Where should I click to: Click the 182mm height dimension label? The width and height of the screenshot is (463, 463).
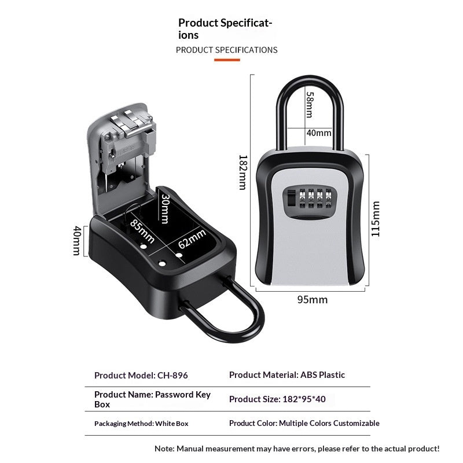tap(242, 172)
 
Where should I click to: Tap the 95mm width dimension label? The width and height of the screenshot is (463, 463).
tap(313, 300)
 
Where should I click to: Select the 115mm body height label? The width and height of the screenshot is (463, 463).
tap(375, 219)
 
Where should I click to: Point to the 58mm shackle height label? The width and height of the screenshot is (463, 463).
tap(310, 105)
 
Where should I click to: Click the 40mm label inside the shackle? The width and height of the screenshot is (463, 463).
tap(319, 133)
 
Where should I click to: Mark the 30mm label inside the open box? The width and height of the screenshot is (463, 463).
tap(165, 209)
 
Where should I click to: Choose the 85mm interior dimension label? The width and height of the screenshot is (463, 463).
tap(142, 231)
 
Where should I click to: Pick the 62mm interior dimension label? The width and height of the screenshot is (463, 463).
tap(192, 238)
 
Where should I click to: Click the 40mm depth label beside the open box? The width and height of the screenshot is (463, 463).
tap(77, 241)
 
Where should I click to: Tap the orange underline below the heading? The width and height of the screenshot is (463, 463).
tap(227, 60)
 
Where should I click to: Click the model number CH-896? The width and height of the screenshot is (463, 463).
tap(172, 375)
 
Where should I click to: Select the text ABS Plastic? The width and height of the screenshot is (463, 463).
tap(322, 374)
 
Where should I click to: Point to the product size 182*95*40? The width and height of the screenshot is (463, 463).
tap(304, 399)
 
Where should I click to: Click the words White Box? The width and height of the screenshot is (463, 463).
tap(171, 424)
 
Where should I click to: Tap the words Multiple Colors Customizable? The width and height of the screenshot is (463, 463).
tap(329, 423)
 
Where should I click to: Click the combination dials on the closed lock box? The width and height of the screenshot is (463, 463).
tap(315, 198)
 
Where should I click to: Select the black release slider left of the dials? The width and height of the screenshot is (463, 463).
tap(291, 198)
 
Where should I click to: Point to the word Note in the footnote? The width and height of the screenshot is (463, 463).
tap(164, 449)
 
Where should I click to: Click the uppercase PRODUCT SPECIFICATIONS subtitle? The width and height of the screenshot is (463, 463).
tap(226, 50)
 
